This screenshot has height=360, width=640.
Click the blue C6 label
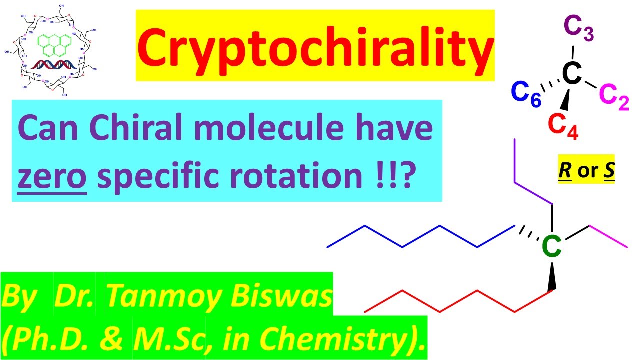click(525, 95)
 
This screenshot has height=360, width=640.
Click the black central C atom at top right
click(572, 74)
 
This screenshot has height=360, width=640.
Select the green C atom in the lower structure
click(552, 246)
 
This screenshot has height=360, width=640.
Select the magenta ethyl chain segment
click(609, 236)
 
